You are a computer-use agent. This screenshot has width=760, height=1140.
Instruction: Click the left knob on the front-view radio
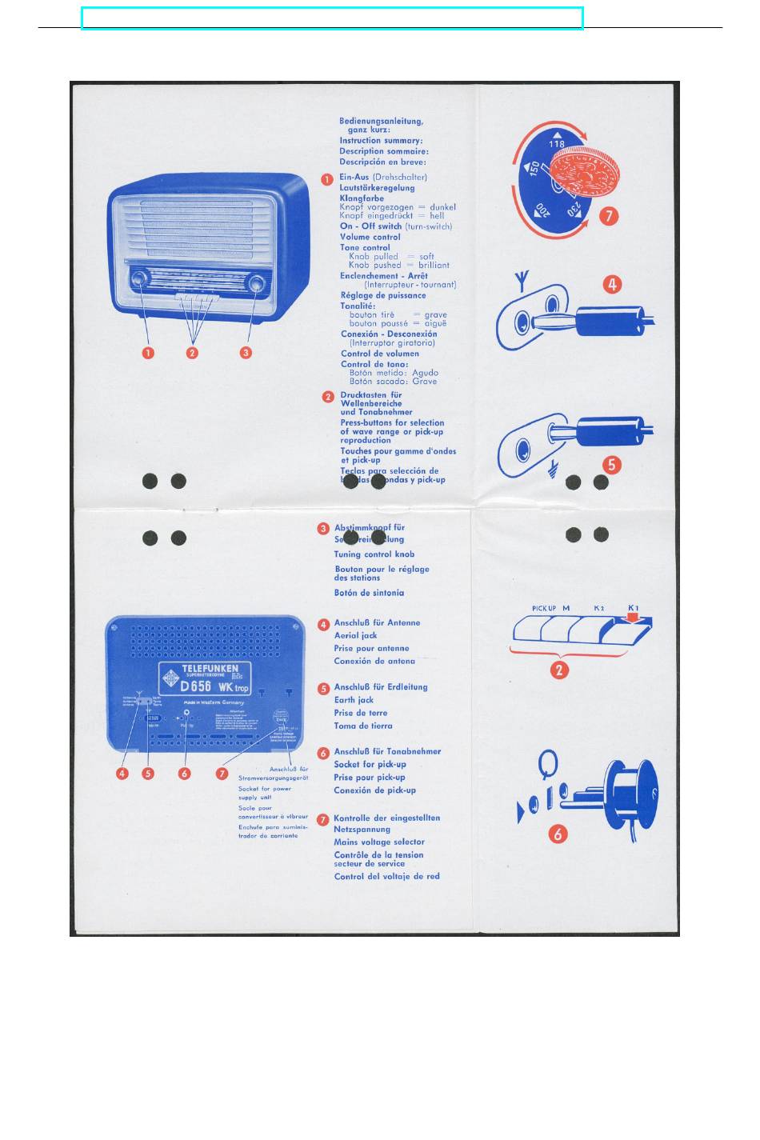point(138,280)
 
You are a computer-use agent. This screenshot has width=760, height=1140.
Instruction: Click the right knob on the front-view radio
point(256,284)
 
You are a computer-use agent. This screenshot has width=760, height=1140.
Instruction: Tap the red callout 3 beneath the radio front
point(246,353)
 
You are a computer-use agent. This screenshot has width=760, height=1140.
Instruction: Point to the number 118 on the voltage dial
point(557,144)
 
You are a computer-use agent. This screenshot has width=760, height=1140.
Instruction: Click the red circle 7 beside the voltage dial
point(609,216)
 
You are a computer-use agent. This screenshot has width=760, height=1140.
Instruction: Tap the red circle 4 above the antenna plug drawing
point(612,284)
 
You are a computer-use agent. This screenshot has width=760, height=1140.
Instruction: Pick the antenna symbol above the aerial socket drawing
point(521,281)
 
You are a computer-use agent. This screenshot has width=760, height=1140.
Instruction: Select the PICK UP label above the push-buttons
point(544,609)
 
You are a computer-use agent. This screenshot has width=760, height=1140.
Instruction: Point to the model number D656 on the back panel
point(195,686)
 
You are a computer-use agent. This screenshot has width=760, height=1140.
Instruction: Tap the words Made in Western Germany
point(214,702)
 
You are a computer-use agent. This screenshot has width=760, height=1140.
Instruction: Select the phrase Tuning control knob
point(374,554)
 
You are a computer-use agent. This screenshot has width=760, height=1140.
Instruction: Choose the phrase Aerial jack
point(355,635)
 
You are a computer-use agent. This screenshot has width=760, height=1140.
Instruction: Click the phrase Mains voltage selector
point(379,842)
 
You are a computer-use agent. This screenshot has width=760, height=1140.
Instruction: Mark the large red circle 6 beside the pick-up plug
point(558,834)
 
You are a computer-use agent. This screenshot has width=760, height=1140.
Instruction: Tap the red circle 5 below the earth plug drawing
point(612,465)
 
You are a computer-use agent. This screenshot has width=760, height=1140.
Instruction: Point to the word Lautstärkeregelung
point(377,188)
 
